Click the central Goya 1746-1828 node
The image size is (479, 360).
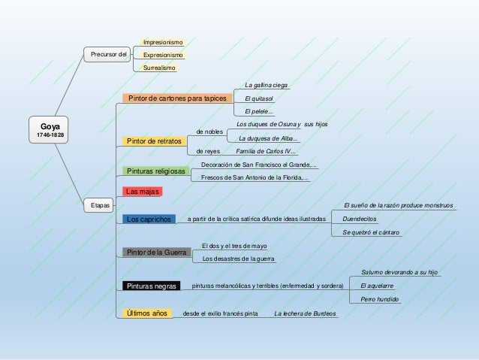click(x=49, y=130)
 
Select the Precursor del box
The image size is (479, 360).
click(x=107, y=54)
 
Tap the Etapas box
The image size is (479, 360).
click(x=98, y=205)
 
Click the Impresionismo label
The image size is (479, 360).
click(x=163, y=42)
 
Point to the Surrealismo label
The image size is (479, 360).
click(x=159, y=68)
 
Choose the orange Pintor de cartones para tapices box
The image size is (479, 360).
click(x=177, y=98)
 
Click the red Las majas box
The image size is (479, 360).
click(x=143, y=192)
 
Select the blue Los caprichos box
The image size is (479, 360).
click(x=149, y=219)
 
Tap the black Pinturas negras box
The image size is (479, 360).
click(x=151, y=286)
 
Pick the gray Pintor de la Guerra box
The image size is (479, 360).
click(x=157, y=253)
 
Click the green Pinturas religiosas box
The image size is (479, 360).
click(x=156, y=171)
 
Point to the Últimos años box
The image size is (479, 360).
click(x=147, y=313)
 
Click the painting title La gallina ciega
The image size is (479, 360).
click(x=266, y=85)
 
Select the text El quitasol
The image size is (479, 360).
click(x=259, y=98)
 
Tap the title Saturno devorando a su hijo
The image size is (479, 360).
click(x=399, y=272)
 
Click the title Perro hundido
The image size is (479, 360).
click(x=379, y=299)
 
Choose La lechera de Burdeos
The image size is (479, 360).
click(x=305, y=313)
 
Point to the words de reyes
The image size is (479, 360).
click(x=208, y=151)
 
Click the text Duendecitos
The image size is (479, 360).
click(x=359, y=219)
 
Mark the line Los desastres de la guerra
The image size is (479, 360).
click(x=238, y=259)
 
